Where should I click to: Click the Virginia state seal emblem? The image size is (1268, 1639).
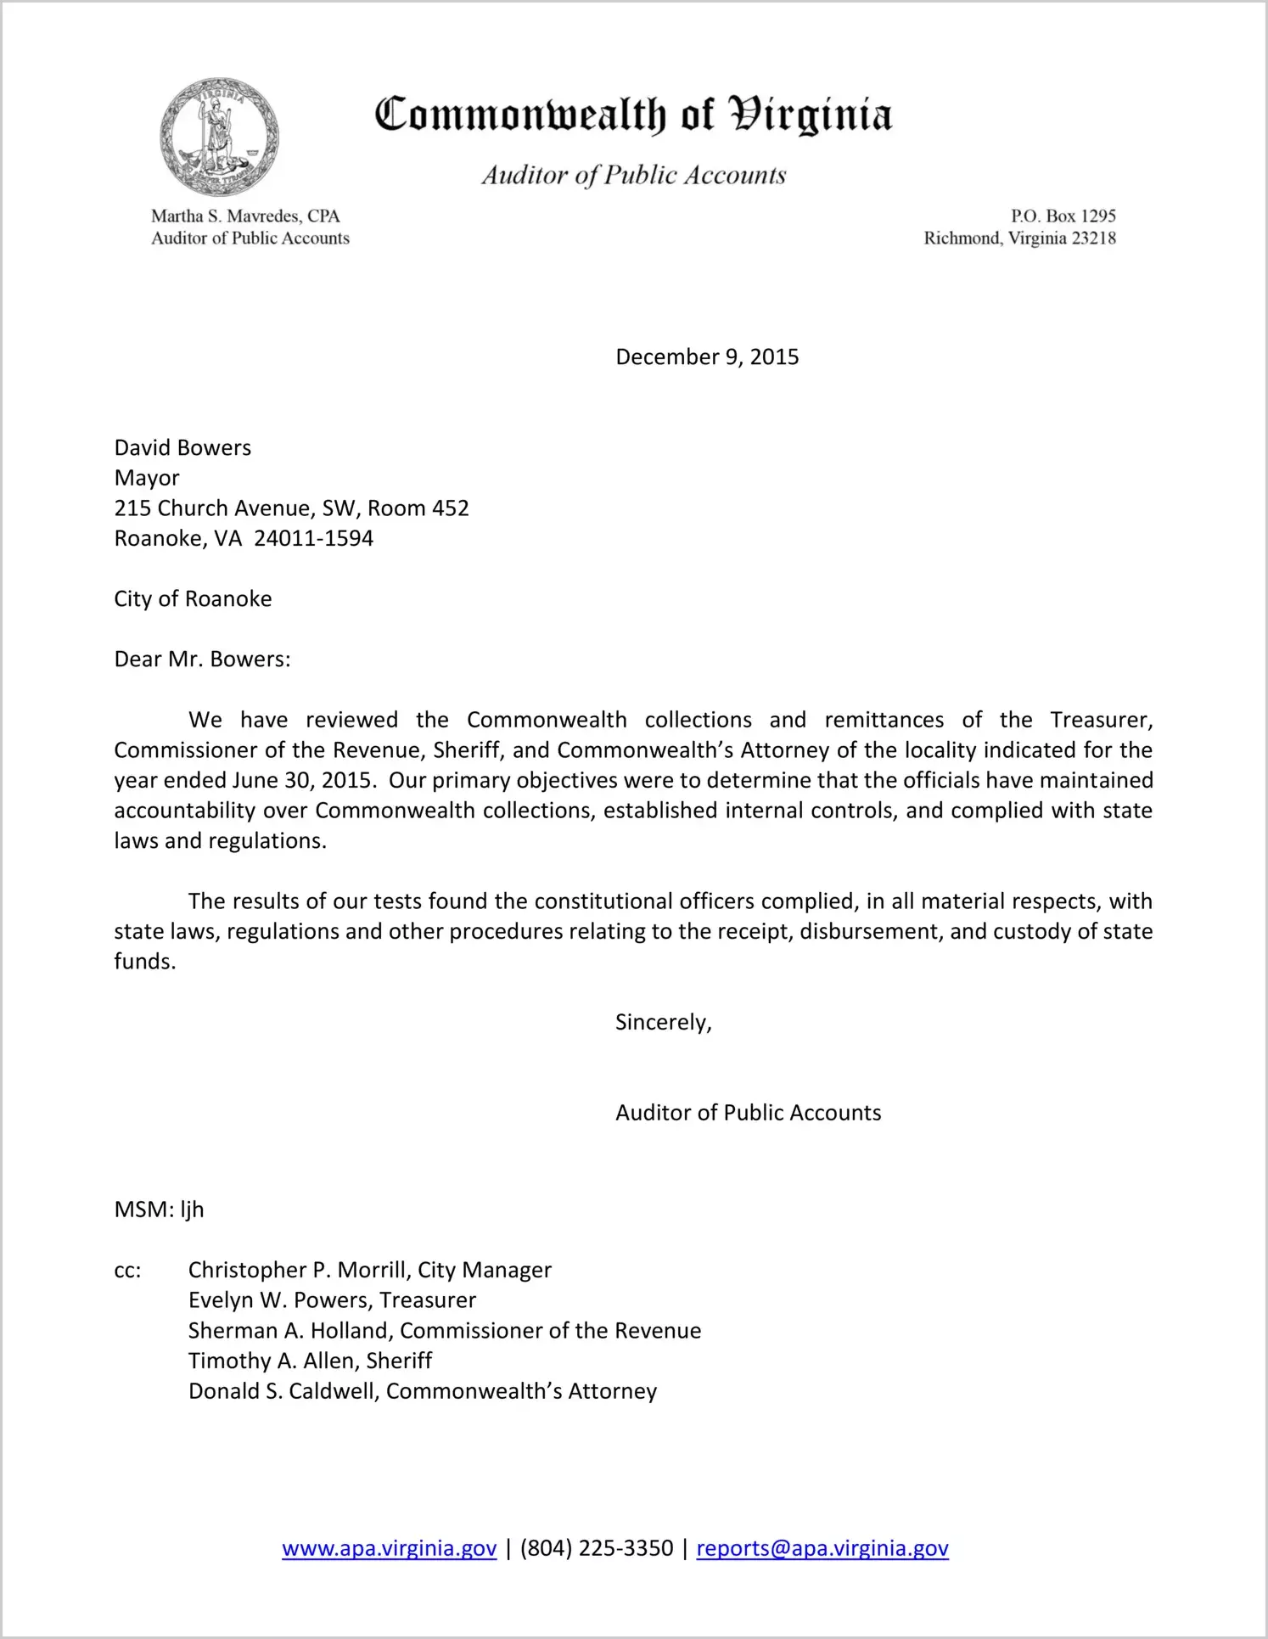click(220, 137)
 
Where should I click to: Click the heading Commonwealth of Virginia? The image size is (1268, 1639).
click(633, 115)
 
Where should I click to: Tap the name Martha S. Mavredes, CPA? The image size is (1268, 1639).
click(245, 216)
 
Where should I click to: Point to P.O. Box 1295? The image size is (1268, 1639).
click(1063, 216)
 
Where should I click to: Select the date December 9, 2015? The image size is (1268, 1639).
click(707, 357)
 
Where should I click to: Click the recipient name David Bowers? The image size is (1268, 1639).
click(182, 448)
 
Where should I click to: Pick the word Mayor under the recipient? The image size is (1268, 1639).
click(147, 479)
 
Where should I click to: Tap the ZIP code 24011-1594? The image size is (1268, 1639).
click(313, 539)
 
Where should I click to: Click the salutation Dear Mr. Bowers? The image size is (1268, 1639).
click(202, 660)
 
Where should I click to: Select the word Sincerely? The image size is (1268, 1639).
click(662, 1023)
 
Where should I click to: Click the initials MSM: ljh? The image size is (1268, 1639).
click(159, 1210)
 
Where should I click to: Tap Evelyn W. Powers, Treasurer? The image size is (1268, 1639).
click(332, 1301)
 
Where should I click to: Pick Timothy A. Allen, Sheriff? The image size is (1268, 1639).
click(310, 1361)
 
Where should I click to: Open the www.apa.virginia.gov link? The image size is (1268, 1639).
click(389, 1549)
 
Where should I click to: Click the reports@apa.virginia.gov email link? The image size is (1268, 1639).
click(822, 1549)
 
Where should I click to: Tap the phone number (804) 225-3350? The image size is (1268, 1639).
click(596, 1549)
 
